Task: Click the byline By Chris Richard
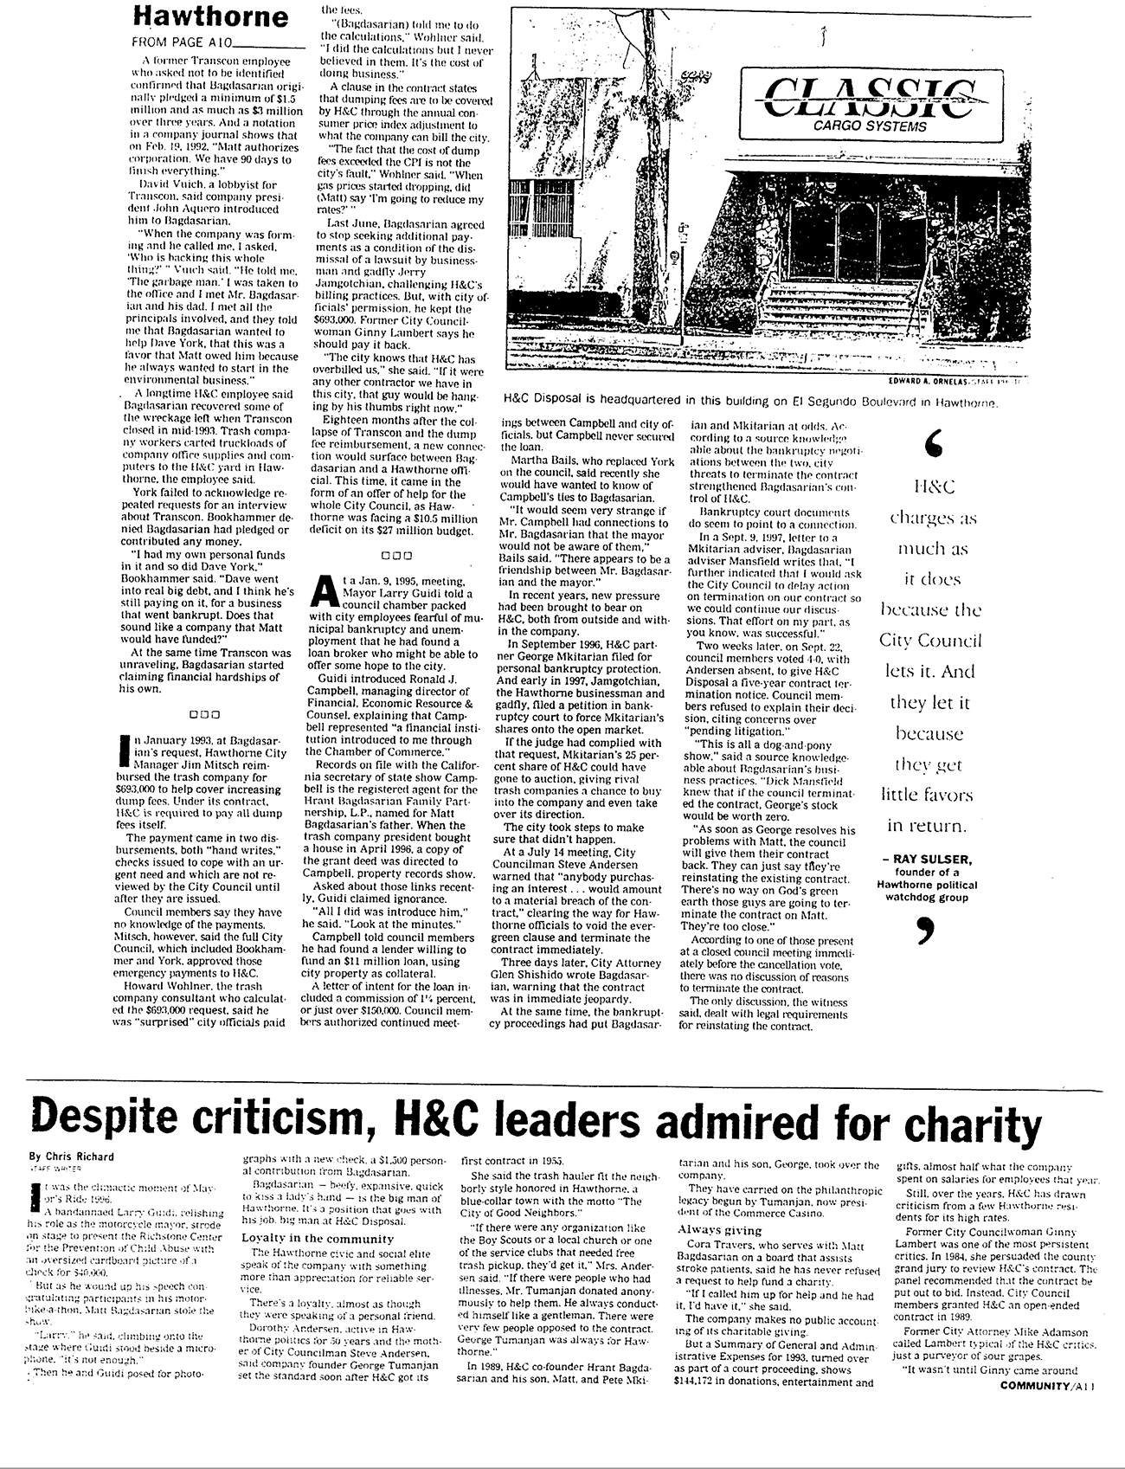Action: [x=71, y=1156]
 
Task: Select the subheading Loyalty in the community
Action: [x=317, y=1239]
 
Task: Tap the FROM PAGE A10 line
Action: [x=181, y=42]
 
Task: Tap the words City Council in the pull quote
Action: [x=930, y=641]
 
